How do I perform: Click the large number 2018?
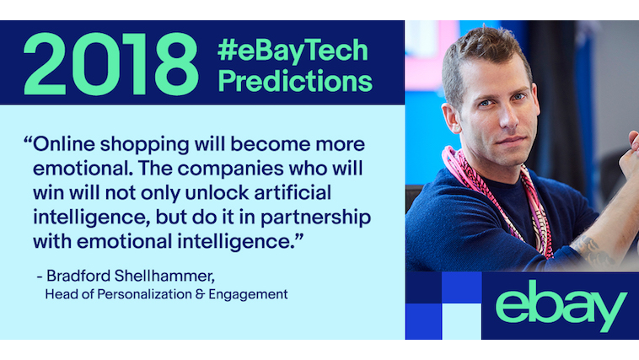[x=111, y=64]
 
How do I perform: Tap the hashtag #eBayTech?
[x=293, y=50]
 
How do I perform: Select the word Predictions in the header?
[x=295, y=80]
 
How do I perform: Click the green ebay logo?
[x=561, y=305]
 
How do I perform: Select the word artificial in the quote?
[x=293, y=193]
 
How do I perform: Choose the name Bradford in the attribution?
[x=78, y=276]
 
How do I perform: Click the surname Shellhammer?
[x=164, y=277]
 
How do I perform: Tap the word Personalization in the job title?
[x=144, y=294]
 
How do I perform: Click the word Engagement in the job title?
[x=248, y=295]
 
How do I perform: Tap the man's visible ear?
[x=451, y=118]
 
